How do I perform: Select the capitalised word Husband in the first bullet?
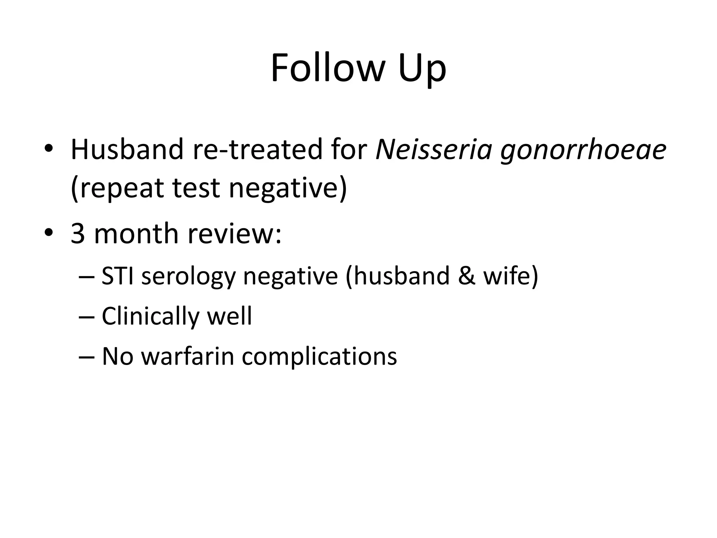click(x=127, y=150)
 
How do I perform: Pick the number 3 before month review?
click(x=78, y=234)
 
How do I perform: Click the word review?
click(x=234, y=234)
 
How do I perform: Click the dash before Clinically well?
click(x=87, y=316)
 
